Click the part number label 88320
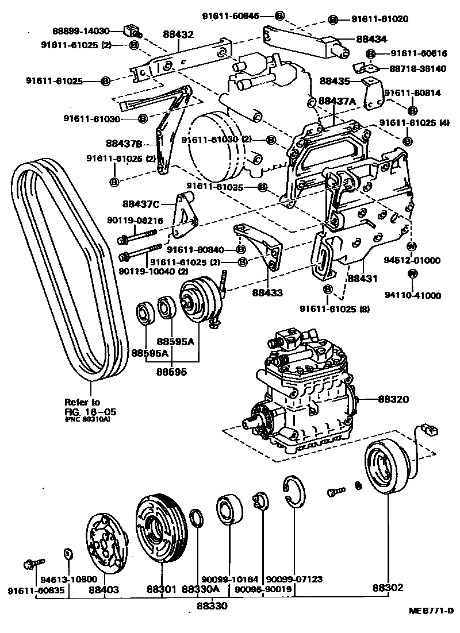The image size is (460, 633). [x=392, y=397]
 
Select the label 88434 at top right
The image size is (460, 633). [x=371, y=39]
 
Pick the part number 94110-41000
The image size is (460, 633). [x=413, y=296]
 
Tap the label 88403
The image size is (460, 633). [x=104, y=589]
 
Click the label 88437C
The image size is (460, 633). [x=141, y=203]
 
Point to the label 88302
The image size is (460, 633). [x=388, y=588]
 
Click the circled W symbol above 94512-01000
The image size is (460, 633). [x=411, y=246]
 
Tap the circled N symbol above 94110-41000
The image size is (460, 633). [x=412, y=273]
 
